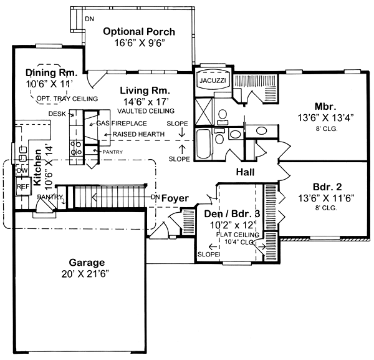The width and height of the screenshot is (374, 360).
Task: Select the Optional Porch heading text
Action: coord(138,32)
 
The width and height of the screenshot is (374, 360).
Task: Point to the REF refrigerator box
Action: coord(23,186)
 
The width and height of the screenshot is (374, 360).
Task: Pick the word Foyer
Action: coord(175,198)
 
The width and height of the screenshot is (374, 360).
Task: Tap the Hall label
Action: coord(247,172)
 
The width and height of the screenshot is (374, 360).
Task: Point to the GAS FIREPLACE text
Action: coord(121,124)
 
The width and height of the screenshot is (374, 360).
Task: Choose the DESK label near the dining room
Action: coord(57,114)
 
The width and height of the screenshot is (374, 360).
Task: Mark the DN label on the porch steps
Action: coord(89,19)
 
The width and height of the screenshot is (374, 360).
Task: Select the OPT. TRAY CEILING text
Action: coord(67,99)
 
